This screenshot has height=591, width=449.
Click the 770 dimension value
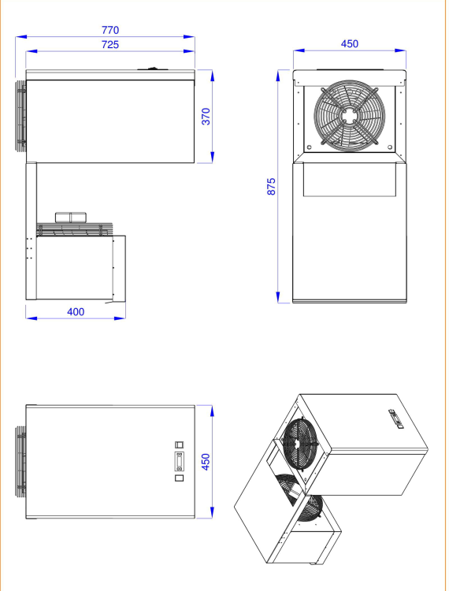(x=110, y=30)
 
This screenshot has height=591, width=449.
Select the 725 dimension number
(x=110, y=45)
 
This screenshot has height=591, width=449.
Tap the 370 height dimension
(x=206, y=117)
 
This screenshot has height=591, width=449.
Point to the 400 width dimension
(x=76, y=312)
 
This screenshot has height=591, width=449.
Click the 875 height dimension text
(x=271, y=187)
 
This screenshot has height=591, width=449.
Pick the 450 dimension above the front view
(x=350, y=44)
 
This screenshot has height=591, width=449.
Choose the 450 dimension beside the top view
(x=206, y=462)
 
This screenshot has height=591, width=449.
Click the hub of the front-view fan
(x=349, y=116)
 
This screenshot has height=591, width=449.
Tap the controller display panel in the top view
(x=180, y=461)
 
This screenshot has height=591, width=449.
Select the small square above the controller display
(x=180, y=444)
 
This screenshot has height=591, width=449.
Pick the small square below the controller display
(x=180, y=478)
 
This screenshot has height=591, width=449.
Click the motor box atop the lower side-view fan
(x=71, y=217)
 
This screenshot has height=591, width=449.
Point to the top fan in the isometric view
(x=300, y=444)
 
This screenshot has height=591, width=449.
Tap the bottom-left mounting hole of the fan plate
(x=310, y=147)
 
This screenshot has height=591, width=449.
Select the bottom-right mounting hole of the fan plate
(x=390, y=147)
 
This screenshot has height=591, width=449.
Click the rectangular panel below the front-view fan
(x=350, y=180)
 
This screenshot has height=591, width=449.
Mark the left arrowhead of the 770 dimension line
(x=21, y=37)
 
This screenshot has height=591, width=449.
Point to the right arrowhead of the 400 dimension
(x=120, y=318)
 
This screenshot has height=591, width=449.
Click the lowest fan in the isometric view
(x=311, y=508)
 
